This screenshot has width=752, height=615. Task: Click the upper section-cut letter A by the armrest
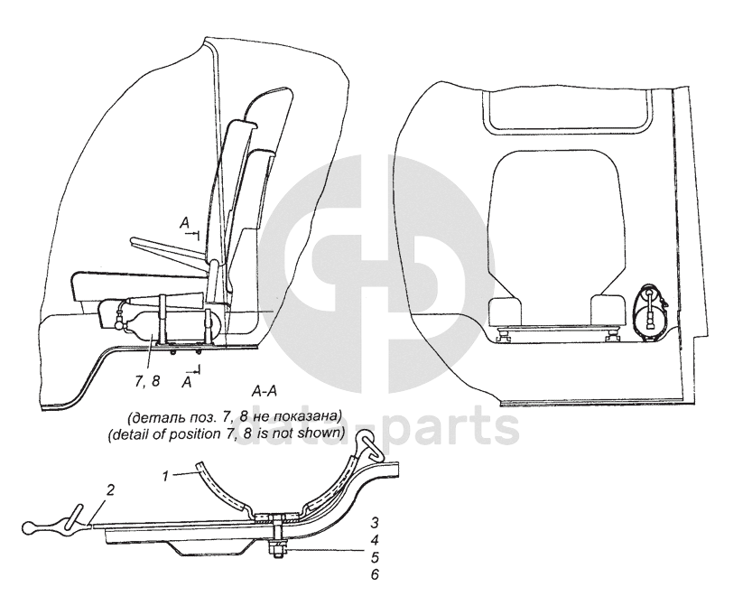click(x=183, y=221)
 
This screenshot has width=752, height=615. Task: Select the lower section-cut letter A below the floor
click(x=187, y=383)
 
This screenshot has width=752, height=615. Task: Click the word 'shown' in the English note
click(x=321, y=433)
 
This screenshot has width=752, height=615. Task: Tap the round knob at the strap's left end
click(x=33, y=525)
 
